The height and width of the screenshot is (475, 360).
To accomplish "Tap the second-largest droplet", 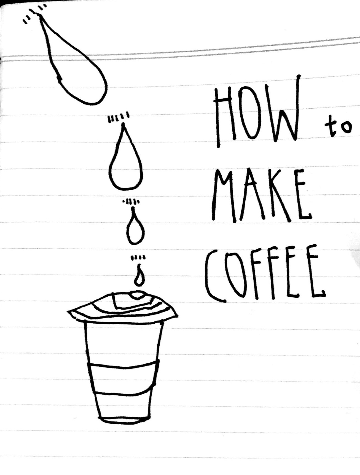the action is tap(126, 157).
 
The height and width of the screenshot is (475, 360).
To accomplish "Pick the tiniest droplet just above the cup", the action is tap(139, 276).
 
